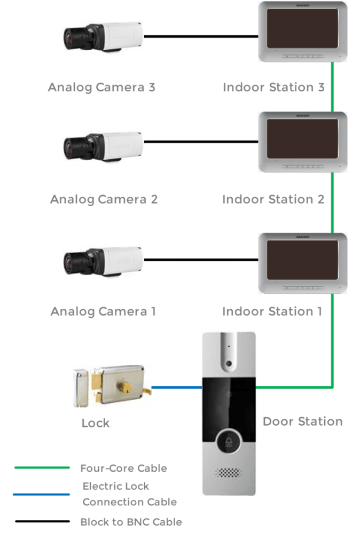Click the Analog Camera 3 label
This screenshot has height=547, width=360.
tap(101, 87)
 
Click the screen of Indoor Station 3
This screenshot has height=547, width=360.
tap(302, 30)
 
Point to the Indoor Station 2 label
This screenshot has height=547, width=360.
tap(273, 199)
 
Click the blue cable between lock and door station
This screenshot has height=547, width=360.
tap(176, 387)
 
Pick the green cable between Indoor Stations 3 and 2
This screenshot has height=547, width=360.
tap(332, 87)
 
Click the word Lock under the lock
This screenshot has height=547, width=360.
tap(96, 424)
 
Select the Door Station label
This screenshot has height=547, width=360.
tap(302, 421)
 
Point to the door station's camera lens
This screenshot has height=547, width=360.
tap(229, 363)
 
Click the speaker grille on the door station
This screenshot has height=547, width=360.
tap(229, 473)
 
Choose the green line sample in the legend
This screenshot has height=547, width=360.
tap(42, 468)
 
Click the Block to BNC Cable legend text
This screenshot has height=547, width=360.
tap(131, 522)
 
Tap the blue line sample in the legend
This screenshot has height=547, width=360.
tap(42, 494)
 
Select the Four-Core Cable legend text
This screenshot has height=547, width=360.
tap(123, 468)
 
